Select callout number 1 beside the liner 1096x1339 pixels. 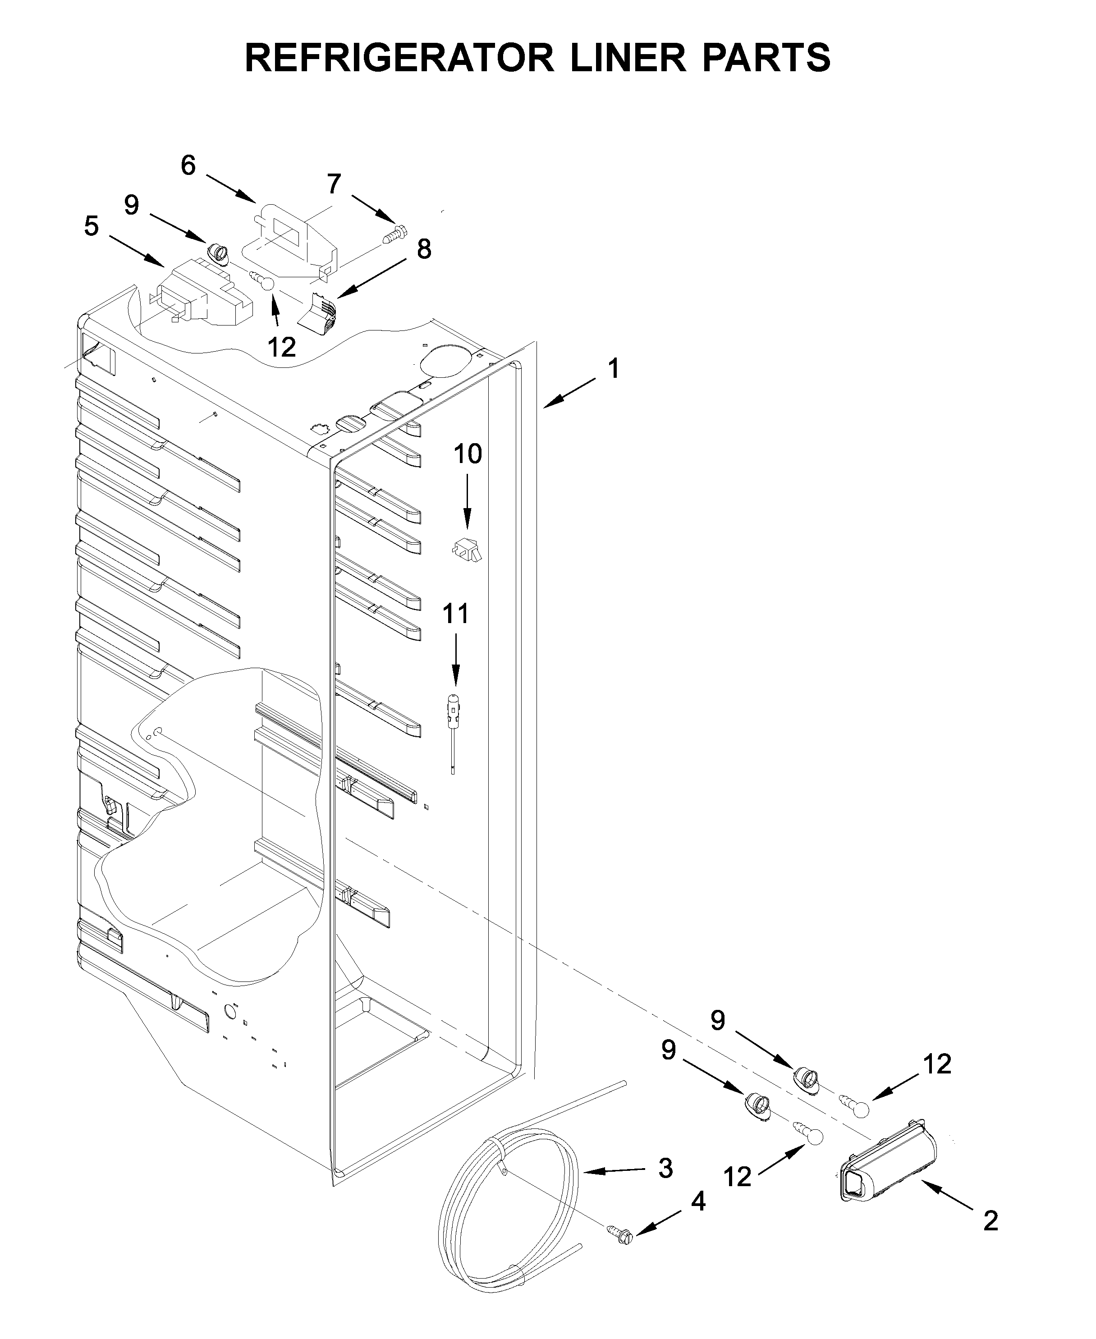click(612, 369)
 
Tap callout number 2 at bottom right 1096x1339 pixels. click(990, 1222)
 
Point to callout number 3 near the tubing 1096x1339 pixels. click(665, 1169)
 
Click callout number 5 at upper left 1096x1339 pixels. click(92, 226)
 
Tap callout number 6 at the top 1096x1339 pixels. click(188, 165)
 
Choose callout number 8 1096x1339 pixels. click(424, 249)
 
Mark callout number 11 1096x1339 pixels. click(456, 613)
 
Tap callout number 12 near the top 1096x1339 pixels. click(282, 347)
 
